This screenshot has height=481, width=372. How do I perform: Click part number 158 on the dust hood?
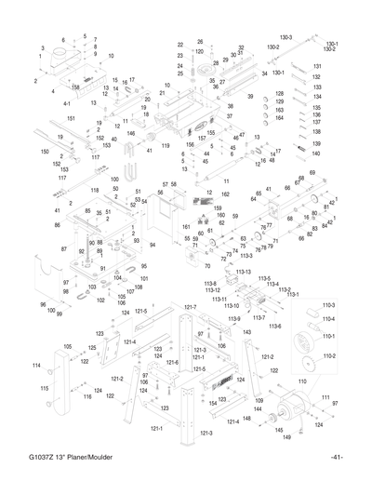tap(74, 87)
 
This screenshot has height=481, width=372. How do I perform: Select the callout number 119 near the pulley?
tap(165, 146)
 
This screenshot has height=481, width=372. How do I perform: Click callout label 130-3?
tap(285, 37)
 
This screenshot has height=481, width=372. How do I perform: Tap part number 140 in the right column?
tap(316, 154)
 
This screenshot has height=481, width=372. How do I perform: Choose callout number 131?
tap(316, 66)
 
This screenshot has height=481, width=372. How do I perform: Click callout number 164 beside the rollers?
tap(279, 118)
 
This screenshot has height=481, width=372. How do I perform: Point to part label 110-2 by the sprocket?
tap(328, 355)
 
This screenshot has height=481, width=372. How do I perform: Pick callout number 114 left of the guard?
tap(36, 365)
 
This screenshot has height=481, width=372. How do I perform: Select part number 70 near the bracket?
tap(206, 266)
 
